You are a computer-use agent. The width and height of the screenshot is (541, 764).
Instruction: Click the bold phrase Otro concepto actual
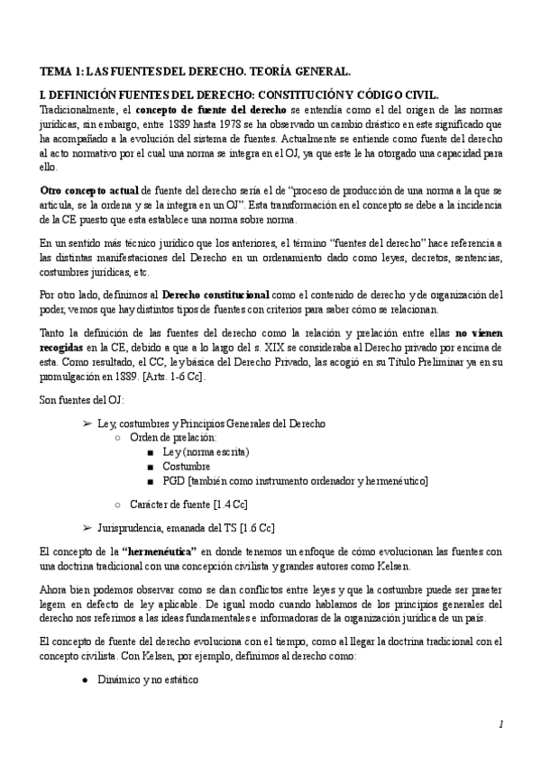87,191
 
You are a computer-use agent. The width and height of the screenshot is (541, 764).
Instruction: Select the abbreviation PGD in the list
174,480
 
